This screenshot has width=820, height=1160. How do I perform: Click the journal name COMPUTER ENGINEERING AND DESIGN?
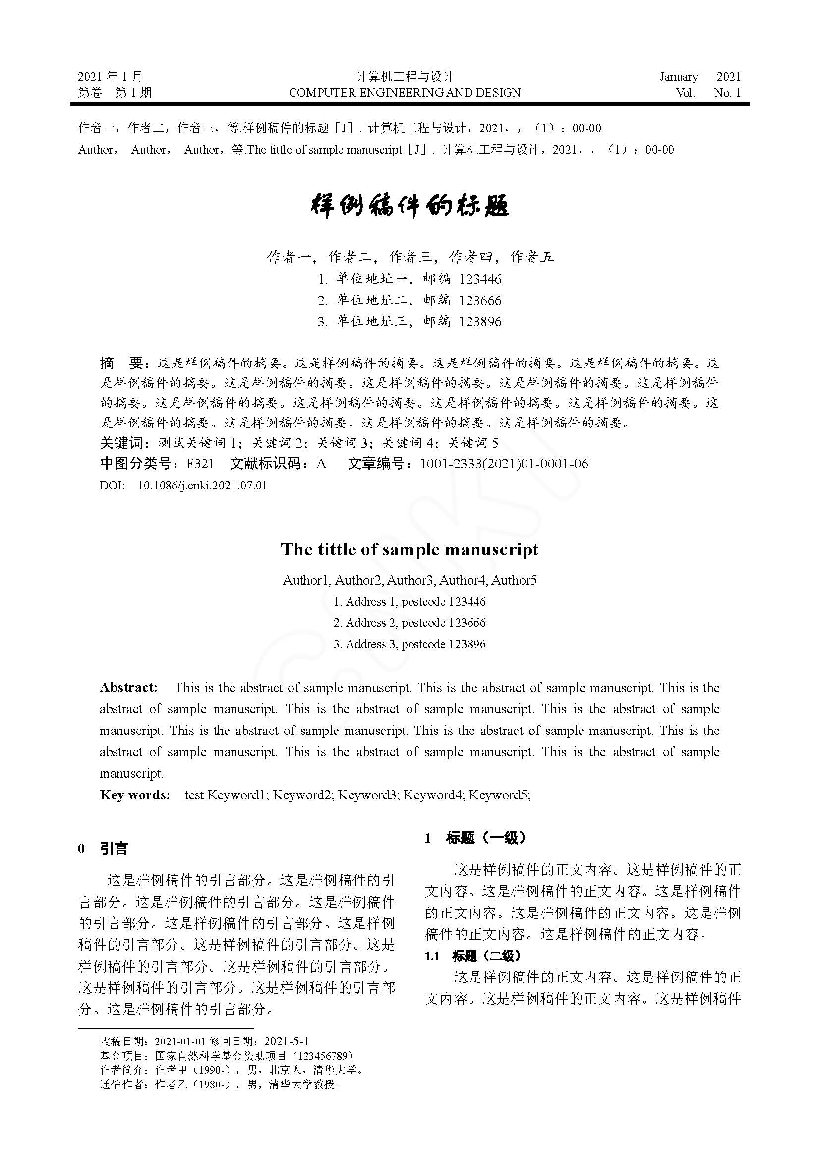(405, 93)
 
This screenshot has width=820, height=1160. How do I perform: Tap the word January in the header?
(679, 77)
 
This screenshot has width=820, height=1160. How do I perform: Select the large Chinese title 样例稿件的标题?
(410, 206)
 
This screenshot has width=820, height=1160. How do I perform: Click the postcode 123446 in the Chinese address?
(480, 279)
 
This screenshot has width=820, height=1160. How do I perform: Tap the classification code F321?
(200, 464)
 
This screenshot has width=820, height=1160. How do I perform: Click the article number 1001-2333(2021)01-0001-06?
(504, 464)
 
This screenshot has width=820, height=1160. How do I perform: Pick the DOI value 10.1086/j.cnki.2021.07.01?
(202, 486)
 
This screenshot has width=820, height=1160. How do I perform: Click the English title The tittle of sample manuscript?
(410, 549)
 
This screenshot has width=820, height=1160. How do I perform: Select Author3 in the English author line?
(410, 581)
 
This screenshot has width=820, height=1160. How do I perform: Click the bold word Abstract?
(129, 687)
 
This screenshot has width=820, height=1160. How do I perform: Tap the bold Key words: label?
(135, 795)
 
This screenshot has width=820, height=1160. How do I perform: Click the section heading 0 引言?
(104, 849)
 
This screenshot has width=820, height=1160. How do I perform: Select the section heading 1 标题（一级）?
(475, 838)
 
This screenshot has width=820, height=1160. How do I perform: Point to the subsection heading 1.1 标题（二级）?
(472, 956)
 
